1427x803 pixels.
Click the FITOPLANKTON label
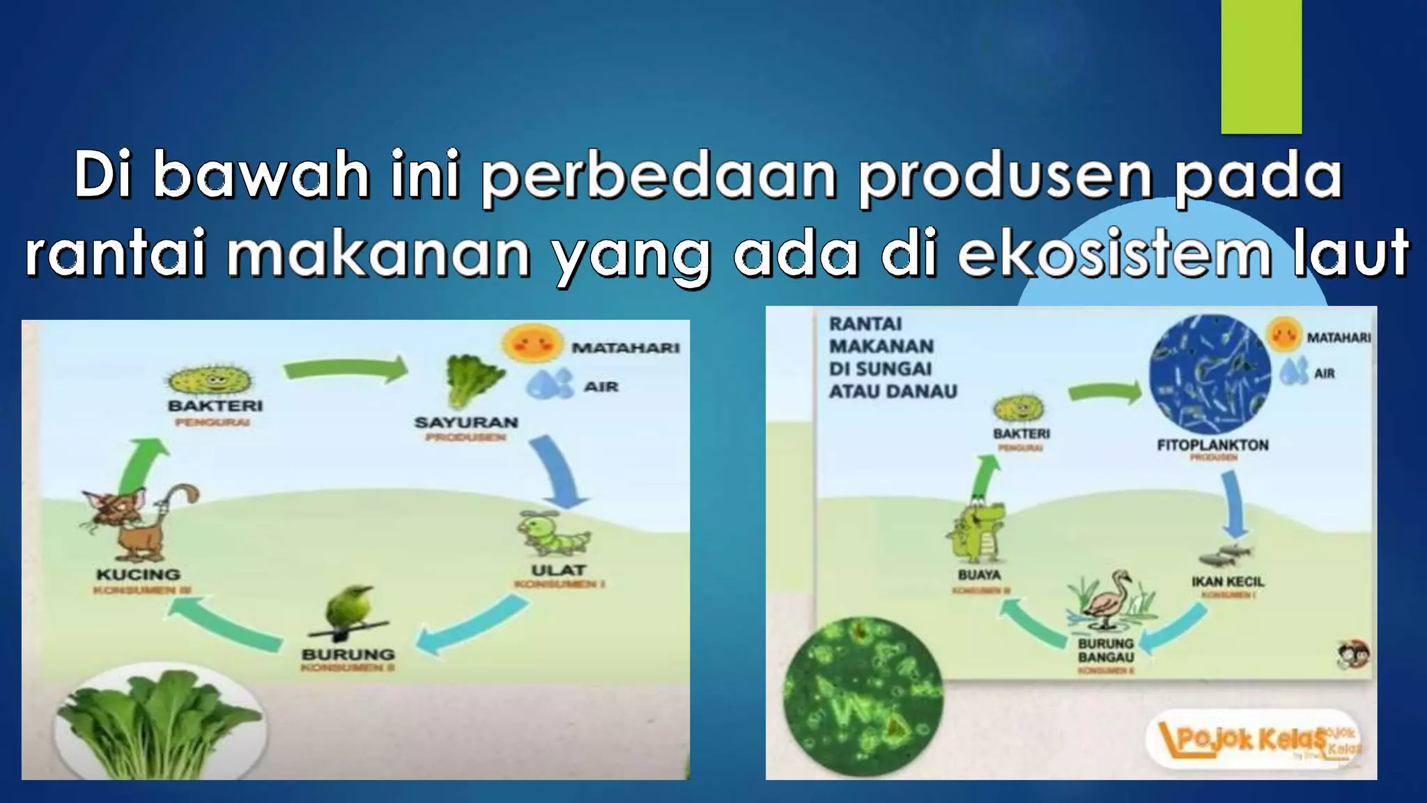click(1212, 445)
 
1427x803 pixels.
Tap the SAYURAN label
click(466, 422)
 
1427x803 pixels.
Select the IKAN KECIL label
click(1227, 581)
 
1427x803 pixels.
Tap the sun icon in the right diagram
click(1284, 333)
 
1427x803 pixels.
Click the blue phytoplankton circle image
click(1210, 376)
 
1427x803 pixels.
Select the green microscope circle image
click(863, 719)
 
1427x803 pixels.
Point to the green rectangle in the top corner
click(1261, 66)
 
